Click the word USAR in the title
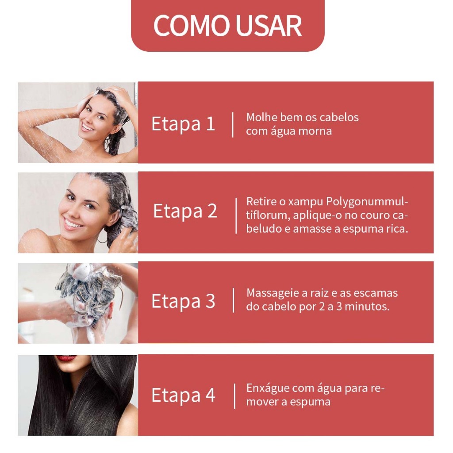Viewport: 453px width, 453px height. pyautogui.click(x=269, y=25)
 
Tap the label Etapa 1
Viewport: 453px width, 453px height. pyautogui.click(x=183, y=124)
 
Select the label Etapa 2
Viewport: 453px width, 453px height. pyautogui.click(x=185, y=211)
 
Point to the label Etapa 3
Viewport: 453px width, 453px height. pyautogui.click(x=184, y=301)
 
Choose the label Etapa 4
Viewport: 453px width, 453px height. pyautogui.click(x=184, y=395)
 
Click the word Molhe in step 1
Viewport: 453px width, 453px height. pyautogui.click(x=261, y=117)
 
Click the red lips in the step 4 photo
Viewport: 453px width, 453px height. pyautogui.click(x=66, y=358)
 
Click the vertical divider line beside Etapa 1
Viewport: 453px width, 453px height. pyautogui.click(x=233, y=125)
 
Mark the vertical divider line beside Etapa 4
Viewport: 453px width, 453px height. pyautogui.click(x=234, y=396)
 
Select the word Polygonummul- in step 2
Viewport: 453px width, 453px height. pyautogui.click(x=367, y=202)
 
